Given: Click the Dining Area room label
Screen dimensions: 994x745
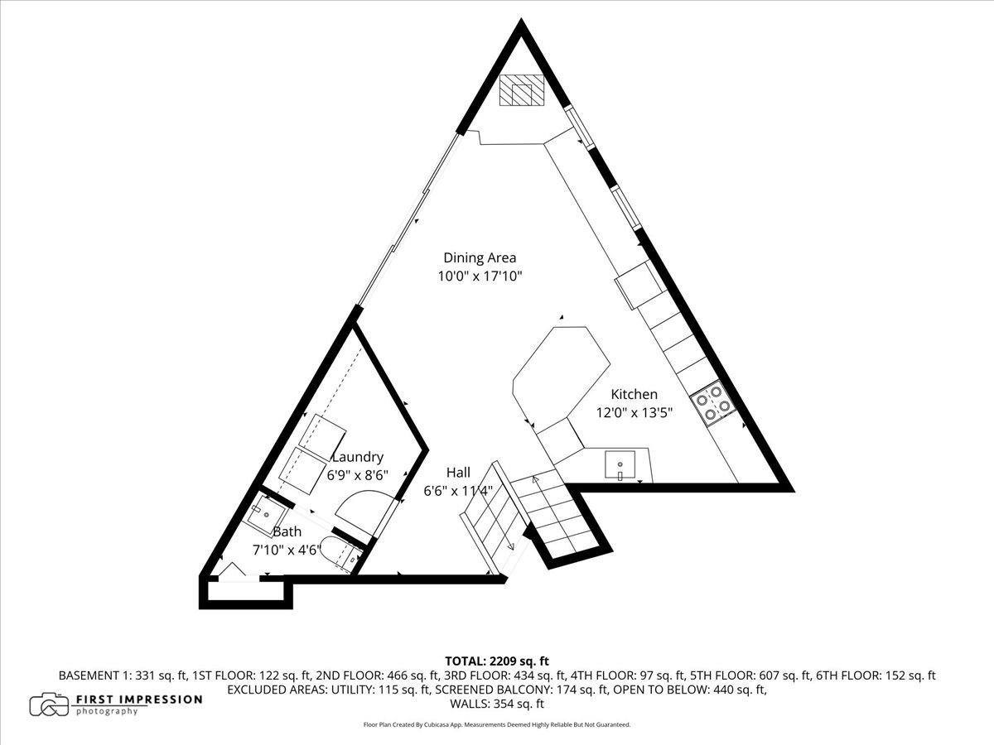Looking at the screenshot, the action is (480, 257).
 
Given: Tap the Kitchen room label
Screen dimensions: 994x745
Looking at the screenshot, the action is (634, 394).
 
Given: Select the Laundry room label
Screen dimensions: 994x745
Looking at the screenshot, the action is (358, 457).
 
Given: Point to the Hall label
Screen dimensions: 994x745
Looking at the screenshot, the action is (458, 472).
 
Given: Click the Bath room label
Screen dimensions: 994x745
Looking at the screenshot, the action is (287, 531).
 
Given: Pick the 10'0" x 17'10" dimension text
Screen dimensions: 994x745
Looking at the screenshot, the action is (480, 276).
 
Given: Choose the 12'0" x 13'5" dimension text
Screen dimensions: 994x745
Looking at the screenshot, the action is (634, 412).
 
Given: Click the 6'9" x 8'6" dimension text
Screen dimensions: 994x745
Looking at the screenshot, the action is (358, 475).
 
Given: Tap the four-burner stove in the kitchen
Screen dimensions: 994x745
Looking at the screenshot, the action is (713, 403).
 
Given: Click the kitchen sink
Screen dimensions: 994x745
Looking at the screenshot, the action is (620, 464).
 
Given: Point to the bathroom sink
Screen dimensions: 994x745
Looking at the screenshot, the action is (266, 514).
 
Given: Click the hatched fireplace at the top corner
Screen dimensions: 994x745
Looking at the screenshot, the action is (521, 90).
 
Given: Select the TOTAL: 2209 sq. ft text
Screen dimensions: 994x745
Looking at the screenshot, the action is (497, 661).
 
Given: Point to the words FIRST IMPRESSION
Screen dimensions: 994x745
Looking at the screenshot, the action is (139, 699).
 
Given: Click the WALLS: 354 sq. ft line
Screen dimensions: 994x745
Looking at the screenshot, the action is (497, 704).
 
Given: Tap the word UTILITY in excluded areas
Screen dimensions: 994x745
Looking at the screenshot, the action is (352, 690).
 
